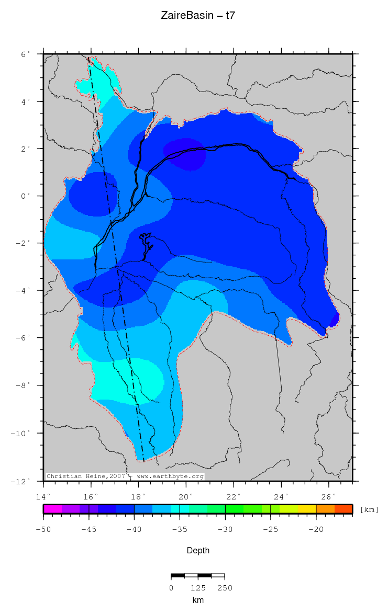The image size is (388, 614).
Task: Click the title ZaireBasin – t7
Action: pos(198,16)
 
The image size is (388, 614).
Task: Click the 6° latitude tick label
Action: pos(26,54)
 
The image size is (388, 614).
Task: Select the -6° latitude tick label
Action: pos(24,338)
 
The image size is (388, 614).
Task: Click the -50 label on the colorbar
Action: pos(43,529)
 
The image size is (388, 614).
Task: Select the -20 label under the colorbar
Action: pos(316,529)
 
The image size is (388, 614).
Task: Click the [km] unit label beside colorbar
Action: pos(369,509)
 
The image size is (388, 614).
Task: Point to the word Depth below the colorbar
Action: pos(198,550)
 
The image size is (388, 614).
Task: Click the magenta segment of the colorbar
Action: pos(52,509)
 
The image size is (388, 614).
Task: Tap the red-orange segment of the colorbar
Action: pos(343,509)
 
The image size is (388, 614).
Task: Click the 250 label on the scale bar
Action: pos(225,587)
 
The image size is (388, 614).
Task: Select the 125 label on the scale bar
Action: pos(198,587)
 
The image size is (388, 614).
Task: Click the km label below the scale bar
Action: pos(198,600)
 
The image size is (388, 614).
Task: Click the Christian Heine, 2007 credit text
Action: pos(87,476)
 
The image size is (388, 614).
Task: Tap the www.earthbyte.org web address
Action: pos(170,476)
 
